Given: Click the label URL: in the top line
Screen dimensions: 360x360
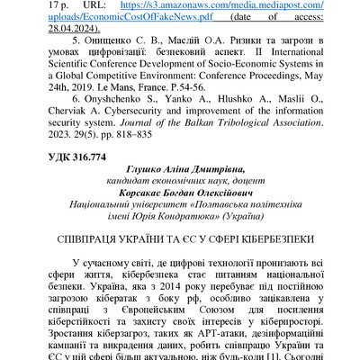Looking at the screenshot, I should pyautogui.click(x=95, y=4).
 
